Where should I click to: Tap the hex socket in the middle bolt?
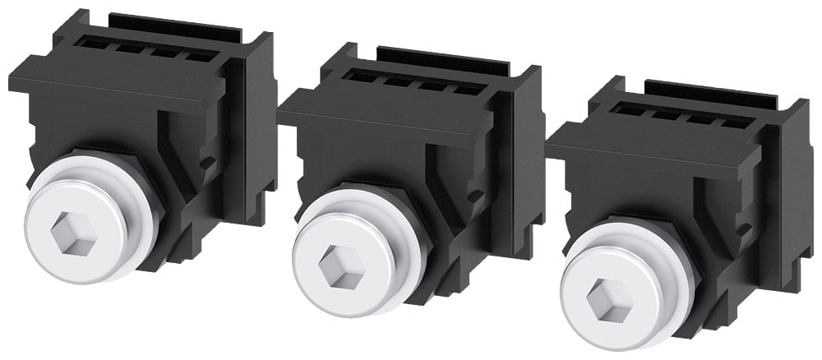[341, 266]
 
